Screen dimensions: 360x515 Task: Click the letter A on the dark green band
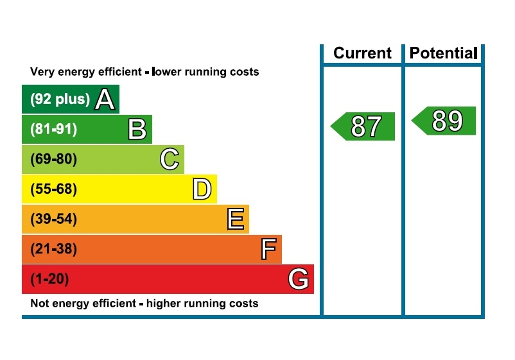tap(105, 99)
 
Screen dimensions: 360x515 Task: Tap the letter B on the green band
tap(137, 130)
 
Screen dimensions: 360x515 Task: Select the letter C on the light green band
tap(170, 159)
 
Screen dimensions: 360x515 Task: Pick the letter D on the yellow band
tap(202, 189)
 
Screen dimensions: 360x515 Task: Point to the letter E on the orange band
tap(236, 219)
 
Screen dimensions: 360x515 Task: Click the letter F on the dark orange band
tap(268, 249)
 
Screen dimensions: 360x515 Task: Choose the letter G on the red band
tap(299, 279)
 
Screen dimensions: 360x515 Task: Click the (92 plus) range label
tap(60, 99)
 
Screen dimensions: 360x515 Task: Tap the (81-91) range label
tap(53, 130)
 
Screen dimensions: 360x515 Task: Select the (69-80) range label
tap(53, 159)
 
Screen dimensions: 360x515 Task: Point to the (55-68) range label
tap(53, 189)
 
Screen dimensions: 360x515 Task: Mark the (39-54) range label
tap(53, 219)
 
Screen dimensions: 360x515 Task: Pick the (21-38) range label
tap(53, 249)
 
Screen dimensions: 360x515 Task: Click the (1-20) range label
tap(49, 279)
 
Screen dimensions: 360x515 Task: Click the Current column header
tap(362, 53)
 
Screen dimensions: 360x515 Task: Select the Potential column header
tap(443, 53)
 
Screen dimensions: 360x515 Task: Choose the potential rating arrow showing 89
tap(445, 121)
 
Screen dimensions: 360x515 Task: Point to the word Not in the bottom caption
tap(40, 303)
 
